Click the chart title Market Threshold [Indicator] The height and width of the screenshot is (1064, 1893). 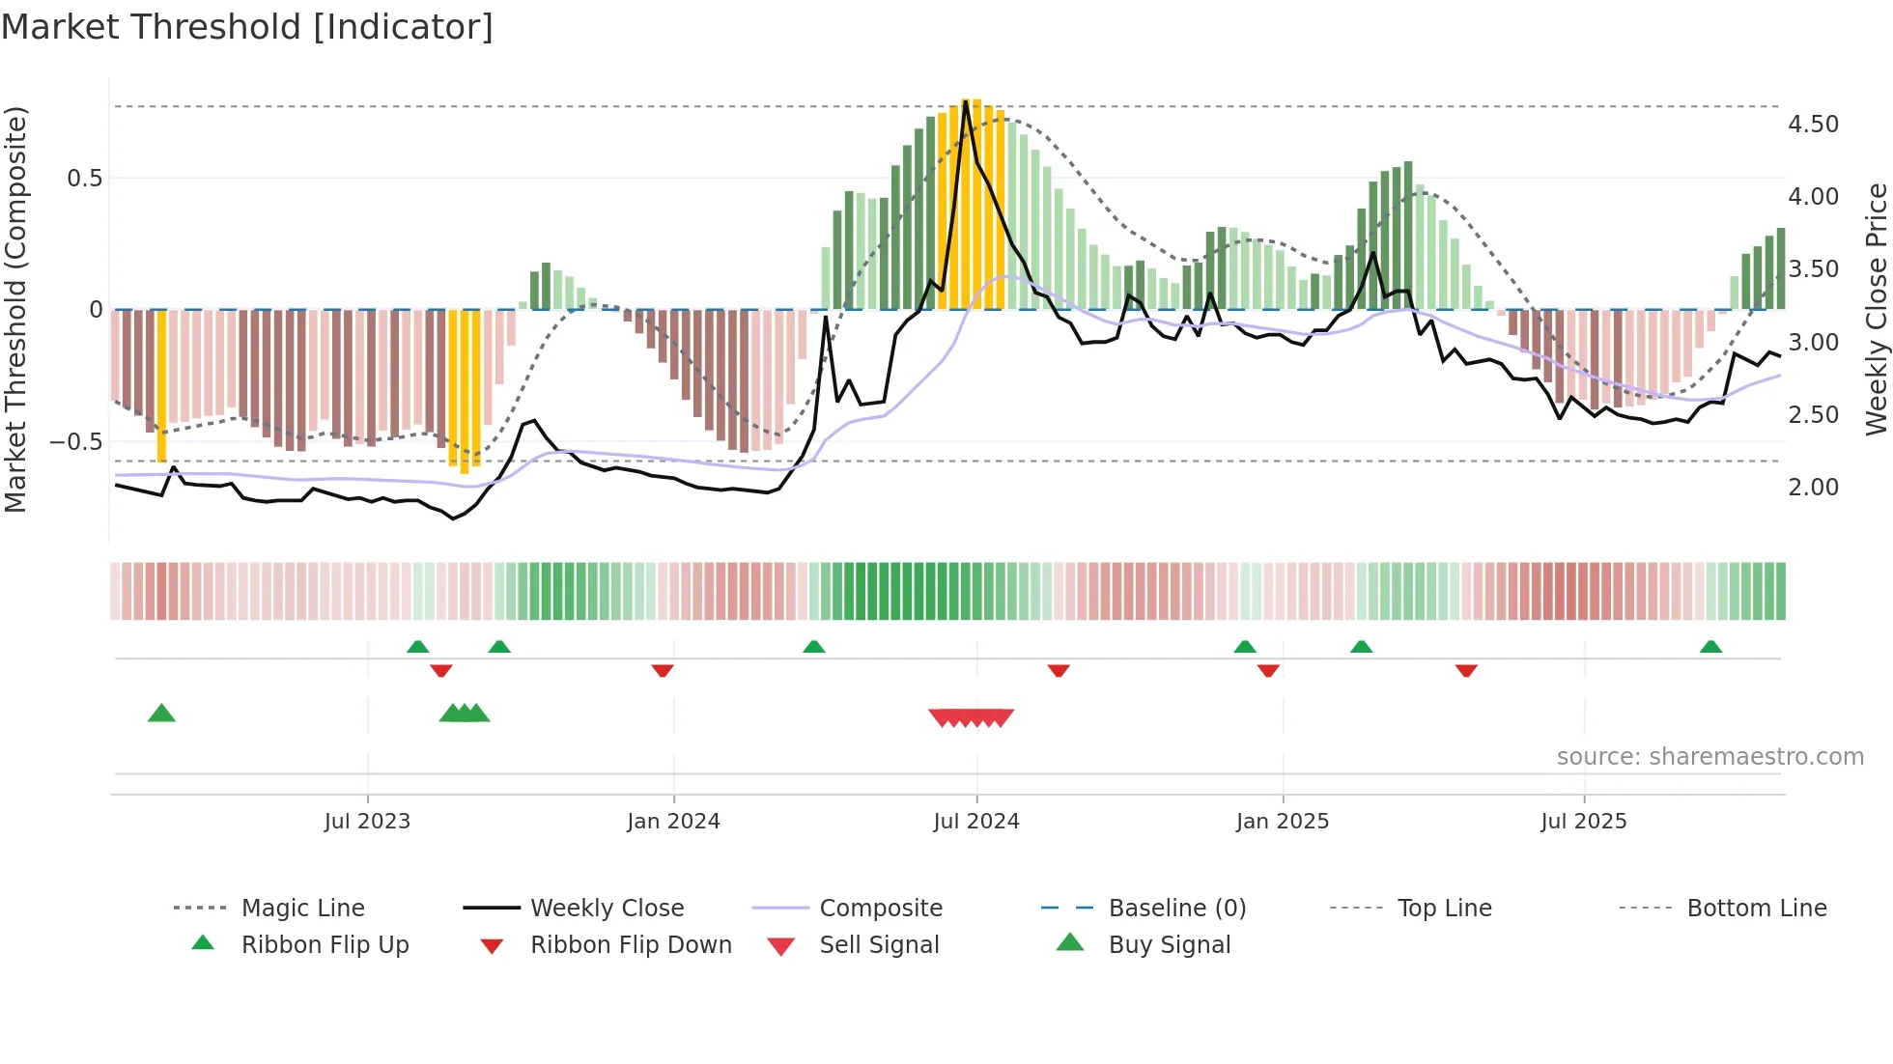[x=247, y=27]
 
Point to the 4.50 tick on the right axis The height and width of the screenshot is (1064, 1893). [x=1813, y=125]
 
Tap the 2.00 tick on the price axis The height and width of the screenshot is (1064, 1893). [x=1813, y=488]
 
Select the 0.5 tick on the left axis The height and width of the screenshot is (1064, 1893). [x=85, y=179]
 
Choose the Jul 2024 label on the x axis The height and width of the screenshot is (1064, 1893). [x=975, y=822]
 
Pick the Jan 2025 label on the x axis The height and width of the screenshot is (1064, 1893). [x=1282, y=822]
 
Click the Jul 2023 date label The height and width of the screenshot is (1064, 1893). [x=367, y=822]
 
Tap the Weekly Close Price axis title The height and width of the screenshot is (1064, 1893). [x=1876, y=309]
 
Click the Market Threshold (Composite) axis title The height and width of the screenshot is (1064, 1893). [x=15, y=309]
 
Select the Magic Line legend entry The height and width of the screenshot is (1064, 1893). [x=302, y=909]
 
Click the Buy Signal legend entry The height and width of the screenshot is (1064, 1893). [x=1169, y=945]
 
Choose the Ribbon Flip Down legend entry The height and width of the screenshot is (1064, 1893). [x=631, y=945]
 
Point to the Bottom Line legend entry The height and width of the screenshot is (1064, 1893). [x=1756, y=909]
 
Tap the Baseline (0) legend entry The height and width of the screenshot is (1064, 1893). [x=1176, y=909]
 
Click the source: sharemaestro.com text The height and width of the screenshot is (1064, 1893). [x=1709, y=757]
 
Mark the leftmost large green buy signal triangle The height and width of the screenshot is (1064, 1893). [x=161, y=714]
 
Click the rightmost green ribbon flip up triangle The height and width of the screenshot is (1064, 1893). [x=1710, y=647]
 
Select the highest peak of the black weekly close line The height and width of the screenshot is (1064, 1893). [x=965, y=101]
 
